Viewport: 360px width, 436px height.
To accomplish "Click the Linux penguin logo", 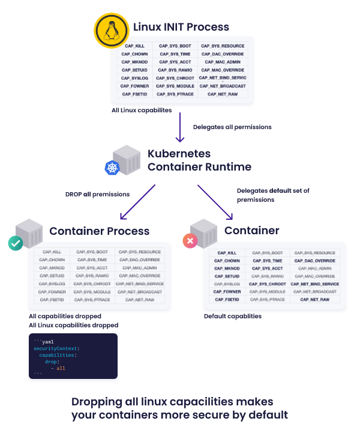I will pos(111,31).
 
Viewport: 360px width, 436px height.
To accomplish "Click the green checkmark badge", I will pos(15,243).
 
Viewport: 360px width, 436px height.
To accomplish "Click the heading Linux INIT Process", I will pos(181,27).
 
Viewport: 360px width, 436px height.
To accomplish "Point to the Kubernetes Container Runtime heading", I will pos(199,160).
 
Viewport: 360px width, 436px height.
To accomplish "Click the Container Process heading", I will pos(99,231).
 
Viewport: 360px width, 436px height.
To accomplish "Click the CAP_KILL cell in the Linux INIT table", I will pos(134,46).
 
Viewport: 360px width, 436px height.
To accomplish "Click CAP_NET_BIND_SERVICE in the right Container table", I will pos(314,284).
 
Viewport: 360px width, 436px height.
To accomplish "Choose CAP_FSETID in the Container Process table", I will pos(51,299).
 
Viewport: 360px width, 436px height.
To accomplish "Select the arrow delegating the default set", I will pos(215,202).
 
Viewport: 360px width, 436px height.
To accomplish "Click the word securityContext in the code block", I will pos(56,348).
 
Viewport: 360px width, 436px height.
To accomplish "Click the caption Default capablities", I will pos(232,316).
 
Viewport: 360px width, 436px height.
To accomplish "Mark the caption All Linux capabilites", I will pos(142,111).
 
